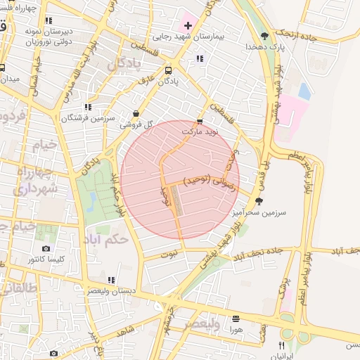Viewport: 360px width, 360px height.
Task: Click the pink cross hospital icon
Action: point(188,25)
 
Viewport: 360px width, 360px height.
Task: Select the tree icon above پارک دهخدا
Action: point(264,35)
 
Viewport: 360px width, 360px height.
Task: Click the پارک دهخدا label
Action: point(264,46)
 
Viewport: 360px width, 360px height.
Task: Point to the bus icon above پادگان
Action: point(168,70)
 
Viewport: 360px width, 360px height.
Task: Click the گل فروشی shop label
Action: point(135,124)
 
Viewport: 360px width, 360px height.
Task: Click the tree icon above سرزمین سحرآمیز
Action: point(259,201)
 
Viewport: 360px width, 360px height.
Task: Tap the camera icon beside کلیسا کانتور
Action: point(46,249)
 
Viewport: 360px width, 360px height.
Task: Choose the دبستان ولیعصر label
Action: point(112,290)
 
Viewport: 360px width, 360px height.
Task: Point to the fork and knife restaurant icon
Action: point(281,345)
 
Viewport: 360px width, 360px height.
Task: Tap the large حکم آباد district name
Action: point(105,240)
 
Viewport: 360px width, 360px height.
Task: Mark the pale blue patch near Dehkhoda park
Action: point(304,91)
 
